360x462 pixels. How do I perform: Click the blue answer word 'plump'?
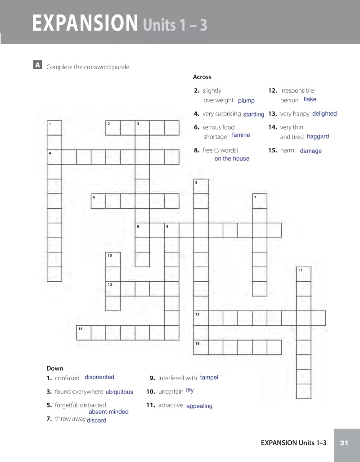coord(246,101)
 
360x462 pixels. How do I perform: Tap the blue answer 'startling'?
coord(253,114)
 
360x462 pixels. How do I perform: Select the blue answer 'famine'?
coord(241,135)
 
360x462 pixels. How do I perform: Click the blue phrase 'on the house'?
coord(232,158)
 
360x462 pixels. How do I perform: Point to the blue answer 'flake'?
coord(310,99)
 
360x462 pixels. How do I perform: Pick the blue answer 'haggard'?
coord(318,136)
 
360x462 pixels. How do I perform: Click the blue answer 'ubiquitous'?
coord(119,392)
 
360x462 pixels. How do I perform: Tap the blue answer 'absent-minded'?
coord(108,412)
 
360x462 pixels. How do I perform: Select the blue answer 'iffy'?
coord(189,390)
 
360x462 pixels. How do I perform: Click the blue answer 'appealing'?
coord(199,406)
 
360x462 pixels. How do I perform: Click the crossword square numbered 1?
coord(54,128)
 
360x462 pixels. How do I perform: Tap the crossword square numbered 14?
coord(84,332)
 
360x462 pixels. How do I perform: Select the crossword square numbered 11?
coord(304,274)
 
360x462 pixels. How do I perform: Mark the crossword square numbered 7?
coord(260,201)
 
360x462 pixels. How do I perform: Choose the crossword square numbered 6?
coord(98,201)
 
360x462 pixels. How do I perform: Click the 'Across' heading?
coord(202,77)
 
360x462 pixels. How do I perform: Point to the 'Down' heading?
coord(55,368)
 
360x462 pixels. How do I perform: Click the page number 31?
coord(344,443)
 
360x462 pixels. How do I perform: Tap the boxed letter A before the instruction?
coord(38,65)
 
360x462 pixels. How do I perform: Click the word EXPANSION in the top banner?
coord(85,23)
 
